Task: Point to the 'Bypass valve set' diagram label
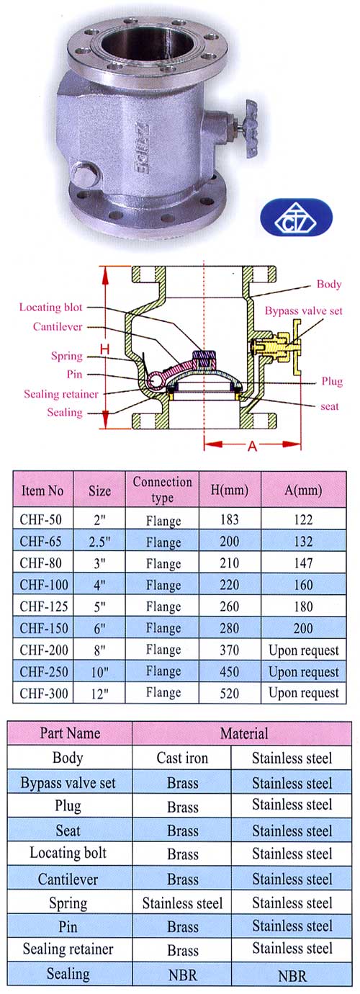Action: pyautogui.click(x=303, y=311)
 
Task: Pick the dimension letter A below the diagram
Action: pyautogui.click(x=252, y=446)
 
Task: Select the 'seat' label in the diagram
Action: pyautogui.click(x=329, y=406)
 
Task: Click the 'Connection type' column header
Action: pyautogui.click(x=163, y=490)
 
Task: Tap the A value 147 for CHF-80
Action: pyautogui.click(x=303, y=563)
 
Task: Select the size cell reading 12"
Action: pyautogui.click(x=100, y=693)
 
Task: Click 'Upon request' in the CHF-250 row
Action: pyautogui.click(x=303, y=672)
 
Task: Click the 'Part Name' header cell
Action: pyautogui.click(x=70, y=733)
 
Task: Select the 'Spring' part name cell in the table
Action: pyautogui.click(x=68, y=903)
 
